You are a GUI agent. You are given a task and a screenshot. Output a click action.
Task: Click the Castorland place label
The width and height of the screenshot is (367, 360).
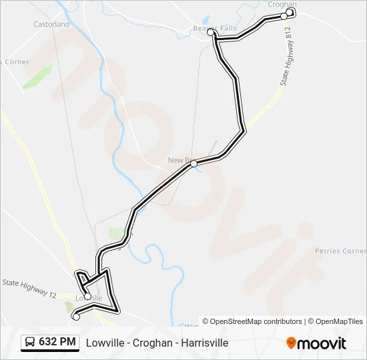[51, 24]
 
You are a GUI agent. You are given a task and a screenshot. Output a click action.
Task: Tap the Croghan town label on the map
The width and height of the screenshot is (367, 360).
[282, 4]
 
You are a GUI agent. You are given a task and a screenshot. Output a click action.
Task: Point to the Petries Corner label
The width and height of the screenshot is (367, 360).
[340, 251]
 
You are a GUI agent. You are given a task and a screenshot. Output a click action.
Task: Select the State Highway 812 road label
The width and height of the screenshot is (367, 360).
[286, 57]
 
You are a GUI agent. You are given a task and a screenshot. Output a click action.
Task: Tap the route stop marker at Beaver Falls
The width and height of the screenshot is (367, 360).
[210, 32]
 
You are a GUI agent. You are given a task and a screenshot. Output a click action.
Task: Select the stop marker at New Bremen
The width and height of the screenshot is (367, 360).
[194, 163]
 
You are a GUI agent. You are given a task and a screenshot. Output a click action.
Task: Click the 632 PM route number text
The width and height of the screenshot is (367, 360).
[57, 342]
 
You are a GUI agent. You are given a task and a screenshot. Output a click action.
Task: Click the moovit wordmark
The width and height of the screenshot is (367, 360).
[322, 343]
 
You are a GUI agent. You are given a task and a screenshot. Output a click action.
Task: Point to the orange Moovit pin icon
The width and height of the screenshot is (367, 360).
[291, 343]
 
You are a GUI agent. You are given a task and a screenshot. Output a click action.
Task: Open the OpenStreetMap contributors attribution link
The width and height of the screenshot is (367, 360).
[256, 321]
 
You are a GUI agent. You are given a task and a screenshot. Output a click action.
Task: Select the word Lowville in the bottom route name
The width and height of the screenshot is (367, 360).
[103, 343]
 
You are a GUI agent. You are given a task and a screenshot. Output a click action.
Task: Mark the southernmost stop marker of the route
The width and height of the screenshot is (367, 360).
[75, 317]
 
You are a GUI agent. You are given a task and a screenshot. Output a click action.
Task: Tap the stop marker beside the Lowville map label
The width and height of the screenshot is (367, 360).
[87, 296]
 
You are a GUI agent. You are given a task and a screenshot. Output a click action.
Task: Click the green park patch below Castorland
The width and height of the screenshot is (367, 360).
[36, 77]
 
